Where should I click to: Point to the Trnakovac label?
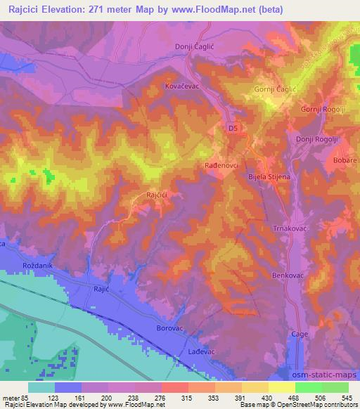click(x=291, y=229)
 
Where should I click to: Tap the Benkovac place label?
click(x=287, y=276)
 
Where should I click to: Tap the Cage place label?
click(x=300, y=335)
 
